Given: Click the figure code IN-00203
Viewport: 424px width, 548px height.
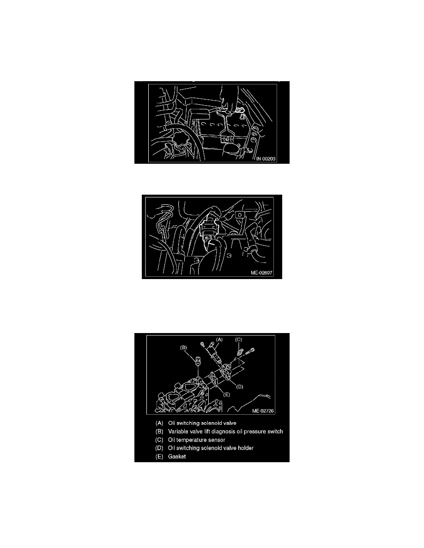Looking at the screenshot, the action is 266,159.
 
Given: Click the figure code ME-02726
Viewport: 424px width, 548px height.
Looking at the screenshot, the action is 263,411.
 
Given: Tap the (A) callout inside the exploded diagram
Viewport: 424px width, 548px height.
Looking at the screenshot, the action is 219,340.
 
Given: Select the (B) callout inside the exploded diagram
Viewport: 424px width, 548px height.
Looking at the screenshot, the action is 183,348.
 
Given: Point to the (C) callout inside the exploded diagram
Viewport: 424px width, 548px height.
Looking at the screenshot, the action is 239,340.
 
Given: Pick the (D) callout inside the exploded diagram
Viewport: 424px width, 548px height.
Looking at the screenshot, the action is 240,387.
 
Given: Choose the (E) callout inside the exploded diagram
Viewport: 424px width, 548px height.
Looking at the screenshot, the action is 227,394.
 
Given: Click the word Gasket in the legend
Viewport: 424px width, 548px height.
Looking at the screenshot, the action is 177,456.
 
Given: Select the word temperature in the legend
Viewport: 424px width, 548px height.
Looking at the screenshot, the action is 197,440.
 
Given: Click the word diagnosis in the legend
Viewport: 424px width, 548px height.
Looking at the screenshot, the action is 222,432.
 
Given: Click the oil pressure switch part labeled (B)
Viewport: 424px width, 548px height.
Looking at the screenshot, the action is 198,361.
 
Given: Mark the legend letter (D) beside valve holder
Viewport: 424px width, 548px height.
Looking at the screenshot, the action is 159,448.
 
